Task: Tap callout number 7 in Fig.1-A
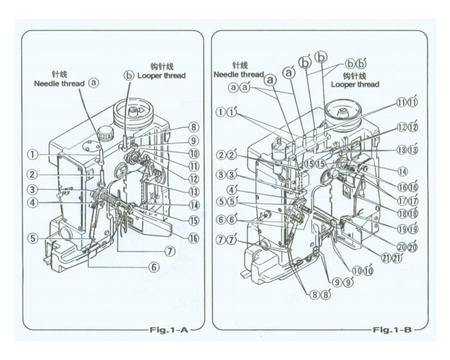pyautogui.click(x=170, y=250)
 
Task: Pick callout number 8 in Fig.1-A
pyautogui.click(x=193, y=127)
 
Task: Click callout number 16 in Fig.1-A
pyautogui.click(x=193, y=238)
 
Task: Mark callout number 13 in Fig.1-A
pyautogui.click(x=193, y=192)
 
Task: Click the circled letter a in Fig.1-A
pyautogui.click(x=94, y=82)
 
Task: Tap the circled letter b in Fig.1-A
pyautogui.click(x=129, y=75)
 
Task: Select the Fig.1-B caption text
pyautogui.click(x=392, y=329)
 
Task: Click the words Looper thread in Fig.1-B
pyautogui.click(x=355, y=84)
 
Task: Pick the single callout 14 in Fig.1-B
pyautogui.click(x=404, y=172)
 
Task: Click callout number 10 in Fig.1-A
pyautogui.click(x=193, y=154)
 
